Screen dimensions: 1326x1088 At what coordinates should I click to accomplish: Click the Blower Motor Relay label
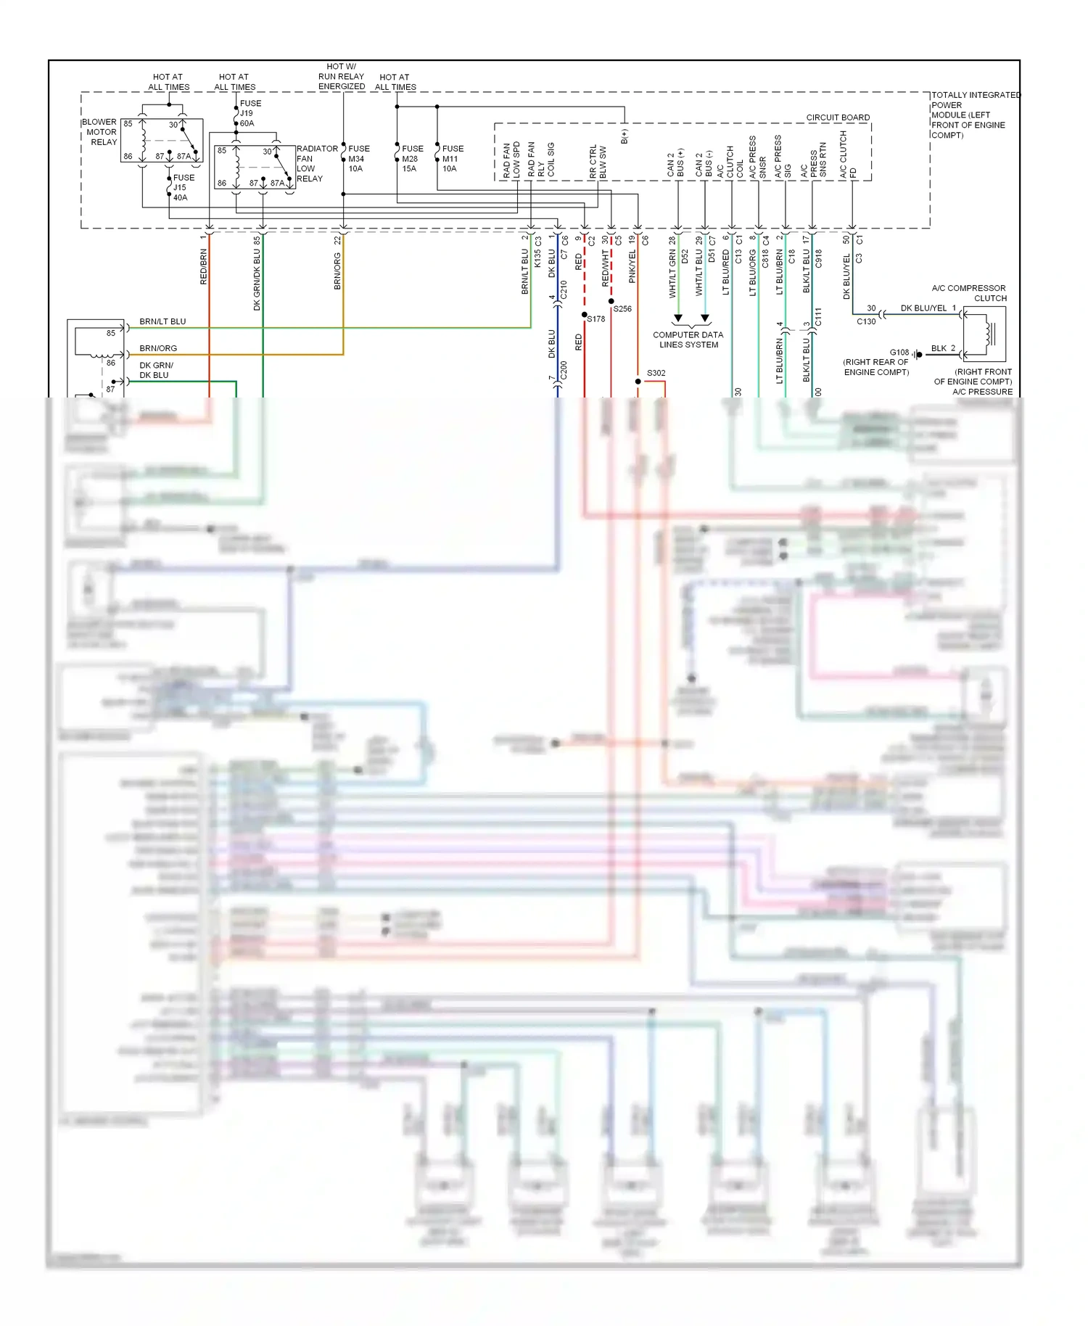(99, 132)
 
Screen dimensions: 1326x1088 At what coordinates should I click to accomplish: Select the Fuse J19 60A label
(249, 113)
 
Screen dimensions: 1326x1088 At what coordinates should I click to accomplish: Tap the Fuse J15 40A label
(183, 187)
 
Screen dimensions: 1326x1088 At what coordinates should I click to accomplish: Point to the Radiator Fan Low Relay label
(316, 163)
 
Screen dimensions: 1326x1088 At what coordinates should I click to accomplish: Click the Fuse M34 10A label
(358, 158)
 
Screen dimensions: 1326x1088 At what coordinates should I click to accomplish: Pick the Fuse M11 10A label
(452, 158)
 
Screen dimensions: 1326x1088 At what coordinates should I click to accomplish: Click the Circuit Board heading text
(838, 118)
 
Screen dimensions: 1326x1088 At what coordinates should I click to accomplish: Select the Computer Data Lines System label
(688, 339)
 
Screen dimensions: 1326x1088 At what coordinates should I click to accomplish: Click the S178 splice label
(596, 319)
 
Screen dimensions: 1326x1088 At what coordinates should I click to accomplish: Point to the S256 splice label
(622, 309)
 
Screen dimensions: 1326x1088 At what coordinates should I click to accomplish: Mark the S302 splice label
(656, 373)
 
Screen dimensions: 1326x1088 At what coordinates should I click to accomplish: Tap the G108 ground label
(899, 353)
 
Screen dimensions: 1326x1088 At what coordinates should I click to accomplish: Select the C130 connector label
(866, 321)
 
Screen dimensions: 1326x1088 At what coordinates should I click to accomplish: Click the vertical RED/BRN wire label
(204, 267)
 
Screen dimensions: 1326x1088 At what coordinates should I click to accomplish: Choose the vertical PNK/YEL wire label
(632, 267)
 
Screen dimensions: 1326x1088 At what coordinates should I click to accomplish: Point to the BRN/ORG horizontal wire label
(158, 348)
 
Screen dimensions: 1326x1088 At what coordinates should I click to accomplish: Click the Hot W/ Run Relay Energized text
(341, 76)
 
